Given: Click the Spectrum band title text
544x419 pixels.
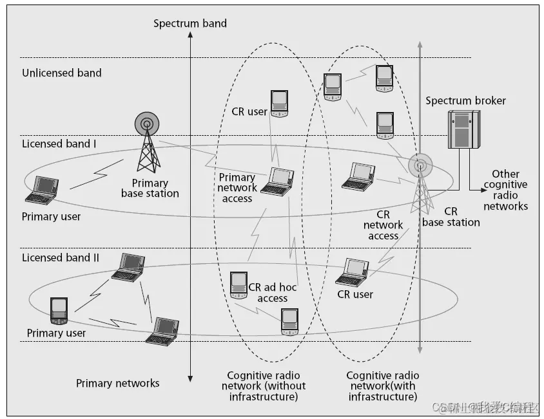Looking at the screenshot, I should [190, 24].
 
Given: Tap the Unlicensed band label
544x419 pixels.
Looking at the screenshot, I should [62, 73].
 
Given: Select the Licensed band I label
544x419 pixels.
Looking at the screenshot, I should [59, 144].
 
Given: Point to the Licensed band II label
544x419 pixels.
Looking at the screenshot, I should [61, 257].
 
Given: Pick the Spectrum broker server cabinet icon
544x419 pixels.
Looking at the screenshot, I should [463, 129].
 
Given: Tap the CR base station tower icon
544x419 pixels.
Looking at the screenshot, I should [420, 184].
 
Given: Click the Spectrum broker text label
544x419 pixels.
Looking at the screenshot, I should [465, 101].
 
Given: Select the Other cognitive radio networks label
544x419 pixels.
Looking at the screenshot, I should [505, 190].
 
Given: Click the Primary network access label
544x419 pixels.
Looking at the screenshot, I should [237, 187].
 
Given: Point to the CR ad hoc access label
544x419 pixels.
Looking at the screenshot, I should [273, 293].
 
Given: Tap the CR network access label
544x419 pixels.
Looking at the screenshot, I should [383, 225].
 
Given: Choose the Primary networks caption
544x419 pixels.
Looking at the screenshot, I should [117, 383].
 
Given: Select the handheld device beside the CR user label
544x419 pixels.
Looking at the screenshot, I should [279, 103].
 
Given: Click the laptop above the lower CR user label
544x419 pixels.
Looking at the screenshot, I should [353, 272].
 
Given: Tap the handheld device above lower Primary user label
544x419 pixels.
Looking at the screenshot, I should [59, 311].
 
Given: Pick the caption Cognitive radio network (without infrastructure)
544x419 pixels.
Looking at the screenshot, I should [264, 386].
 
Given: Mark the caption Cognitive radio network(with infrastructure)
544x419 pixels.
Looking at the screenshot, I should [383, 386].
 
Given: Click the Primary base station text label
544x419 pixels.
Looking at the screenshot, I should [150, 189].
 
